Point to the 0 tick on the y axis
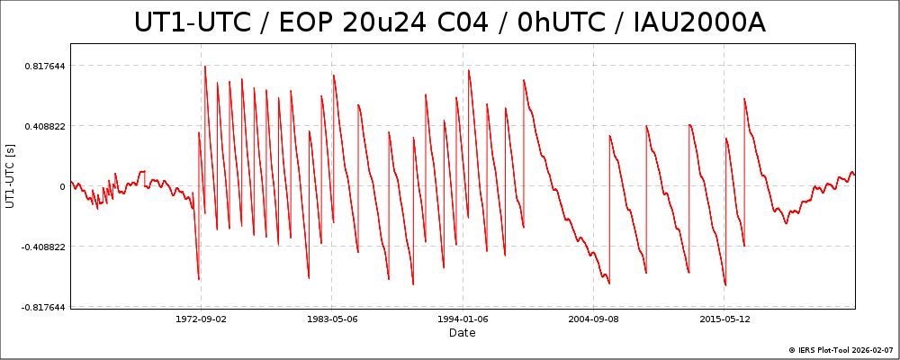(x=61, y=186)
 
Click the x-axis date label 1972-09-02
(x=201, y=319)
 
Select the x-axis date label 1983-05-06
(x=332, y=319)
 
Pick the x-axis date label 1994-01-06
(x=463, y=319)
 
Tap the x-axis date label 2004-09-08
(x=594, y=319)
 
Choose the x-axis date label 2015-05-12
(x=724, y=319)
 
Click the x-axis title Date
(x=463, y=333)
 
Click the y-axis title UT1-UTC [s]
(x=10, y=175)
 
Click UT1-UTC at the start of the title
(x=192, y=22)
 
